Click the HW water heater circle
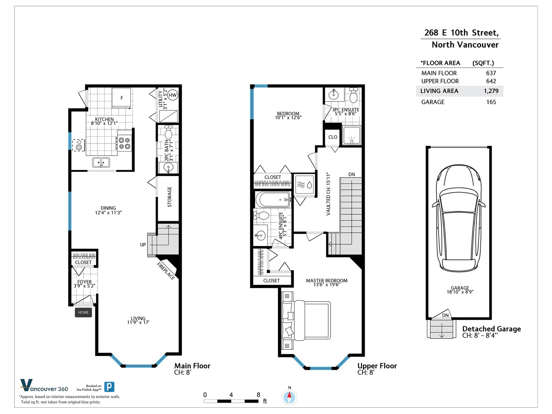pyautogui.click(x=172, y=95)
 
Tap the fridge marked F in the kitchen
pyautogui.click(x=121, y=98)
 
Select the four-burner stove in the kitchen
pyautogui.click(x=125, y=143)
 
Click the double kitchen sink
pyautogui.click(x=101, y=162)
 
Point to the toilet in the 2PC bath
pyautogui.click(x=168, y=132)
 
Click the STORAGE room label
pyautogui.click(x=169, y=197)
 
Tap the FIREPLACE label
pyautogui.click(x=166, y=271)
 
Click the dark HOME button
pyautogui.click(x=83, y=313)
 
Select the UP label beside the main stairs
pyautogui.click(x=143, y=245)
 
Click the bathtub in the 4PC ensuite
pyautogui.click(x=273, y=200)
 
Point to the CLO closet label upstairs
pyautogui.click(x=333, y=137)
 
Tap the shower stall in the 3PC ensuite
pyautogui.click(x=352, y=135)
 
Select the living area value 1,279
pyautogui.click(x=491, y=91)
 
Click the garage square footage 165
pyautogui.click(x=491, y=102)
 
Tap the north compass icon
pyautogui.click(x=289, y=397)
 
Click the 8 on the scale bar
pyautogui.click(x=258, y=395)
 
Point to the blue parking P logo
pyautogui.click(x=109, y=387)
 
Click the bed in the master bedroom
pyautogui.click(x=306, y=321)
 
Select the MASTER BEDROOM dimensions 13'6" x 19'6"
pyautogui.click(x=327, y=285)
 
